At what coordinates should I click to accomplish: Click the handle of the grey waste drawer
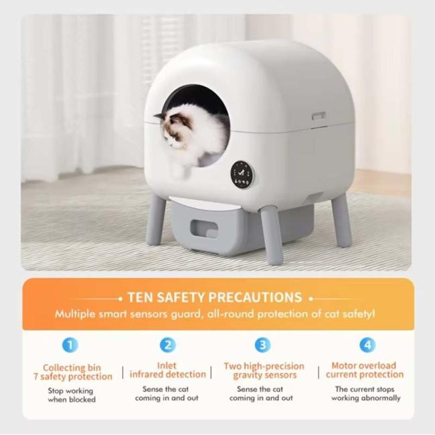[204, 228]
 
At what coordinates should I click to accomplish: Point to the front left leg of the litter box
[155, 220]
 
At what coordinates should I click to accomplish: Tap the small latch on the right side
[319, 116]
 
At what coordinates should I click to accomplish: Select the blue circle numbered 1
[70, 345]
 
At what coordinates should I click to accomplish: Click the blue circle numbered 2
[168, 345]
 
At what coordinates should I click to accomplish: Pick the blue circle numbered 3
[262, 345]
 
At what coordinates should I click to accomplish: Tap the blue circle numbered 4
[367, 345]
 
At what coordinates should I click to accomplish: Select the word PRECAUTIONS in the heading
[255, 297]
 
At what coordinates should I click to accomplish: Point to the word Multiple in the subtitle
[75, 315]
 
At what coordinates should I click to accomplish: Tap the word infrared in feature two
[146, 375]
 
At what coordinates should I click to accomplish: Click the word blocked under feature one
[82, 400]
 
